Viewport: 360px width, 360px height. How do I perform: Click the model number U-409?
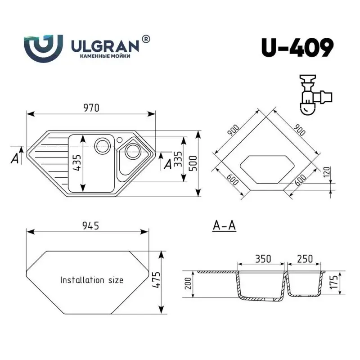pos(297,48)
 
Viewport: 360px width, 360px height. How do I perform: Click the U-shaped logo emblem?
pos(43,48)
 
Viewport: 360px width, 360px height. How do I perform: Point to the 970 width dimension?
pos(90,108)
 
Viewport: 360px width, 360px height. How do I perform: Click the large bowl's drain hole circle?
pos(103,145)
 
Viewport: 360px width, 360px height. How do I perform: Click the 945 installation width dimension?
pos(90,226)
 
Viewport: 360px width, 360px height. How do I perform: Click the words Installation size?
pos(92,280)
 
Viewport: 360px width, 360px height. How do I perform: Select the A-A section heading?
pos(224,226)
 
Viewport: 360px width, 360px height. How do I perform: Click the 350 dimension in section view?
pos(263,259)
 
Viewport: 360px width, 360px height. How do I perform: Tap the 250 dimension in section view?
pos(305,259)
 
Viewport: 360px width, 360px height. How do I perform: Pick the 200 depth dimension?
pos(189,283)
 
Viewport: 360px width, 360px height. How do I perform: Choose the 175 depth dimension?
pos(333,283)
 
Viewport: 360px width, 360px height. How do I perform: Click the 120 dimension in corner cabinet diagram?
pos(327,172)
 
